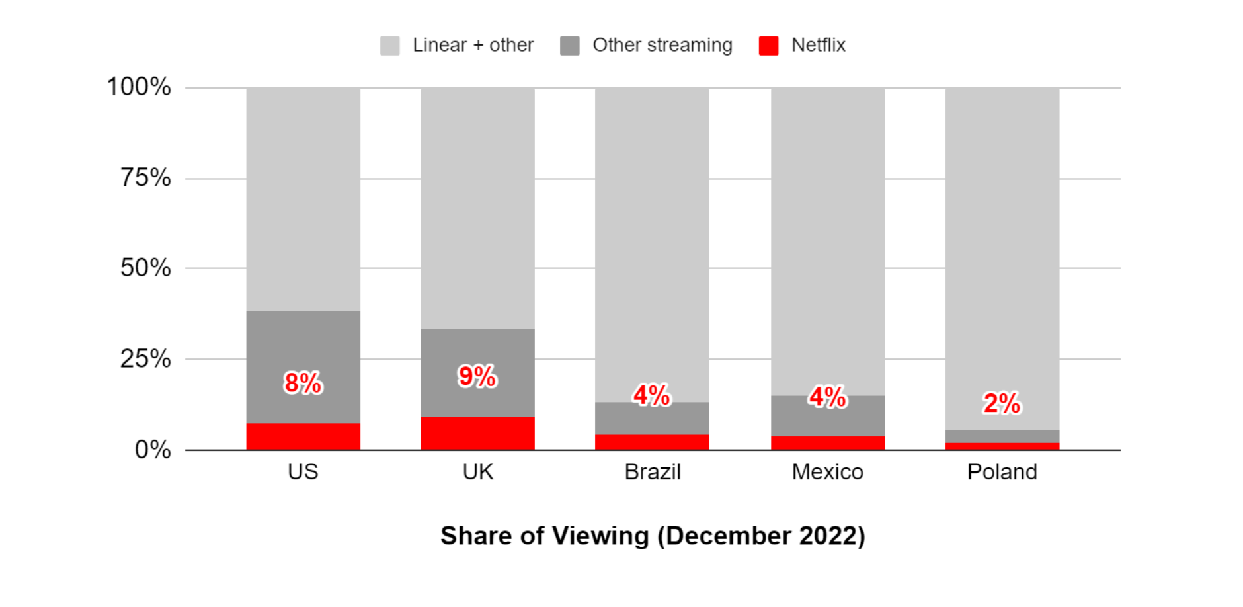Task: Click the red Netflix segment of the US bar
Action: click(x=303, y=436)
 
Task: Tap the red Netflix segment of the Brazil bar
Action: click(x=652, y=442)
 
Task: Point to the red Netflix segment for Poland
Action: click(x=1002, y=446)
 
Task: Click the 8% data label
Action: click(x=303, y=383)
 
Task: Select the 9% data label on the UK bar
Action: click(x=477, y=376)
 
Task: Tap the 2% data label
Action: click(x=1002, y=403)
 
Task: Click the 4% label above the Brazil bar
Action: click(x=651, y=395)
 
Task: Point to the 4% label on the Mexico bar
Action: click(x=827, y=397)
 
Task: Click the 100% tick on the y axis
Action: click(x=139, y=87)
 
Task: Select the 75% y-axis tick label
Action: click(x=145, y=177)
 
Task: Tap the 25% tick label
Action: click(x=145, y=358)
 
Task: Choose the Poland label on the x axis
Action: click(x=1002, y=471)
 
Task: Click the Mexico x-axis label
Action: click(x=827, y=471)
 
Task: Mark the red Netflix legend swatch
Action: click(x=768, y=45)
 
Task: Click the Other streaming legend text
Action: click(x=662, y=45)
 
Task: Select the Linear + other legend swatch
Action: click(x=389, y=45)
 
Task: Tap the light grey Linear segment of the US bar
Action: click(x=303, y=198)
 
